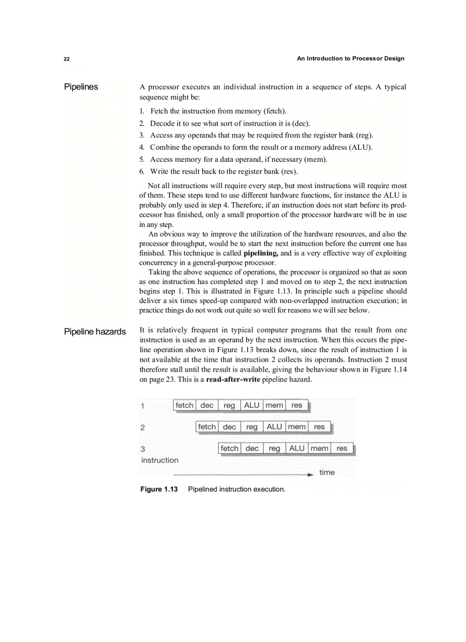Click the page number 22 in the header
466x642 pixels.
pyautogui.click(x=67, y=59)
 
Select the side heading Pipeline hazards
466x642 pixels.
pyautogui.click(x=95, y=332)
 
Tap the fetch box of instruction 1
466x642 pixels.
pyautogui.click(x=184, y=405)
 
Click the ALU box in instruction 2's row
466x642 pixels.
pyautogui.click(x=274, y=427)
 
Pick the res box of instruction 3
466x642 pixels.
pyautogui.click(x=342, y=449)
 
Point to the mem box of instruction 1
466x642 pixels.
pyautogui.click(x=274, y=405)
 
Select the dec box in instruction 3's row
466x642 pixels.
pyautogui.click(x=252, y=449)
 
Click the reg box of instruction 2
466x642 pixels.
pyautogui.click(x=252, y=427)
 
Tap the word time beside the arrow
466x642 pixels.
pyautogui.click(x=327, y=472)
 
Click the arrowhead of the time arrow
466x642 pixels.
pyautogui.click(x=310, y=474)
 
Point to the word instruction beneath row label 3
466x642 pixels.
pyautogui.click(x=160, y=460)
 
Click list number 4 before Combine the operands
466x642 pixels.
pyautogui.click(x=142, y=147)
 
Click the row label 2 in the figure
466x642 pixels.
pyautogui.click(x=142, y=428)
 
